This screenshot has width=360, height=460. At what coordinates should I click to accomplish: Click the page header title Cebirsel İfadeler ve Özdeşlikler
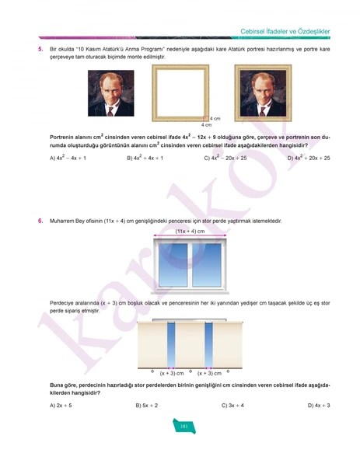pyautogui.click(x=285, y=30)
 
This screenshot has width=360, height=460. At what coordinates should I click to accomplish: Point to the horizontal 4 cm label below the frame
pyautogui.click(x=206, y=124)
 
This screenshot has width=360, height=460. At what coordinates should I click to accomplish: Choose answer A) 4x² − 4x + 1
pyautogui.click(x=68, y=158)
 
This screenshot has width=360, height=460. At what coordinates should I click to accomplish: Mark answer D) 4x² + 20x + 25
pyautogui.click(x=309, y=158)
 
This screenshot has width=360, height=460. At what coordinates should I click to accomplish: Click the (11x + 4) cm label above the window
pyautogui.click(x=190, y=232)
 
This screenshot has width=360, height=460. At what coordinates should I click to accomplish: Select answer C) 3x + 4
pyautogui.click(x=232, y=405)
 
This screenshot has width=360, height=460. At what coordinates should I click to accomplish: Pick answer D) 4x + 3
pyautogui.click(x=319, y=405)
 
